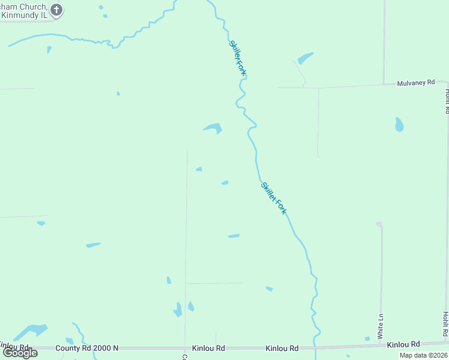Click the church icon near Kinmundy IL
(x=56, y=9)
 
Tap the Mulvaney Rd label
(x=415, y=83)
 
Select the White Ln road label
(x=381, y=326)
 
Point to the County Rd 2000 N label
(x=87, y=348)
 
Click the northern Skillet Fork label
(x=238, y=58)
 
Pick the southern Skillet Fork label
(x=274, y=198)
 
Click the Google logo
(x=20, y=353)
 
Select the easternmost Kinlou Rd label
(x=403, y=345)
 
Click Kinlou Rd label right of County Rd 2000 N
(x=208, y=348)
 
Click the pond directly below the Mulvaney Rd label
(x=399, y=124)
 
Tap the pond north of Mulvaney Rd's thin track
(x=305, y=58)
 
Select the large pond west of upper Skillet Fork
(x=213, y=127)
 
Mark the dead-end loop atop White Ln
(x=379, y=224)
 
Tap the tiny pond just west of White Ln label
(x=367, y=339)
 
